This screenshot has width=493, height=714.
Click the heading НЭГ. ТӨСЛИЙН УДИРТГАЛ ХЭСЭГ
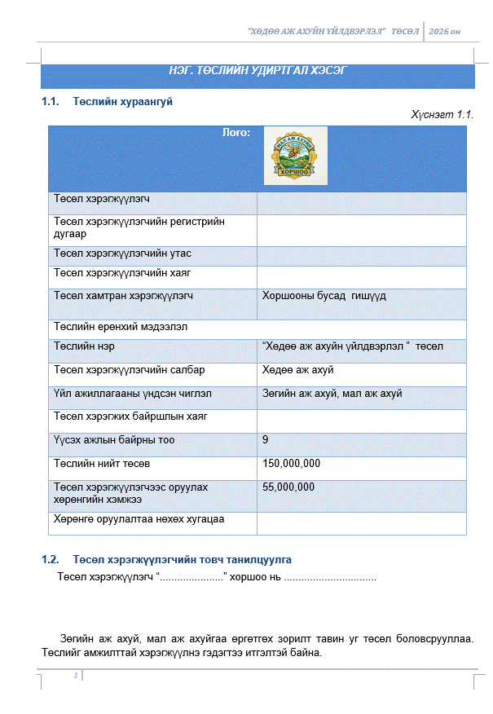click(x=257, y=71)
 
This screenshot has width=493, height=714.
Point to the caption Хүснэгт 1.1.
click(x=442, y=115)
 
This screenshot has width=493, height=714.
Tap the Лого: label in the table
click(x=235, y=132)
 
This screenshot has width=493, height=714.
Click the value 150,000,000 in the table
click(x=291, y=464)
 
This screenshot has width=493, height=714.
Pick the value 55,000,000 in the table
click(x=288, y=487)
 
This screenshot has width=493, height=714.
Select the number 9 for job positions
click(x=266, y=440)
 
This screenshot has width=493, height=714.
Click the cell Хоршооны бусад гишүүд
click(x=324, y=296)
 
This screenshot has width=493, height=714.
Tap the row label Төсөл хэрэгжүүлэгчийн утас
click(x=122, y=254)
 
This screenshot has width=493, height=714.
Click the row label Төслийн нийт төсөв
click(x=102, y=464)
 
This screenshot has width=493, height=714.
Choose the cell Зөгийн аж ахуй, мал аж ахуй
click(x=332, y=394)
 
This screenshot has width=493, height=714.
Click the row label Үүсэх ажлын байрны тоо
click(x=114, y=440)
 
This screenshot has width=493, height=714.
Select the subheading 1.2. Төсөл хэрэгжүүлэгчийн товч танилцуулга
click(x=166, y=560)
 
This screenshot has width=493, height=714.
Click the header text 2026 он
click(x=445, y=31)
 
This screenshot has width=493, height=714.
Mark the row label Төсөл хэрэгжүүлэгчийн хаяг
click(x=122, y=272)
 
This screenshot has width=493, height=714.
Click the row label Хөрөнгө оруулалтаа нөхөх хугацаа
click(x=139, y=518)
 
